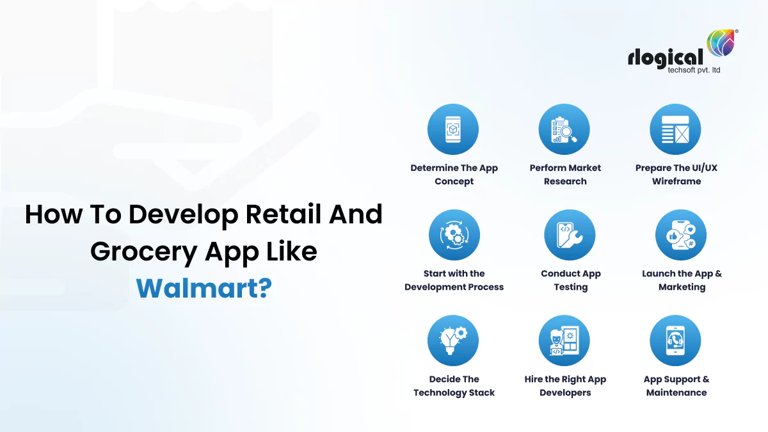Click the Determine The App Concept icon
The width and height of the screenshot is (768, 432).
[x=453, y=129]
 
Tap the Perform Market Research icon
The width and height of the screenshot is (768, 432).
[x=564, y=129]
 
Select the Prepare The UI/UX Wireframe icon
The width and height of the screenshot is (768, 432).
[x=676, y=129]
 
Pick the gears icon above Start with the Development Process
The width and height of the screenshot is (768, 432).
[x=454, y=235]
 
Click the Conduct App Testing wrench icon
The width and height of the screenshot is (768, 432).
[x=570, y=235]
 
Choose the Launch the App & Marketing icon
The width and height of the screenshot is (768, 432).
[x=681, y=235]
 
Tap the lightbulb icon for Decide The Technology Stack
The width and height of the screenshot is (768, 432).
[x=453, y=340]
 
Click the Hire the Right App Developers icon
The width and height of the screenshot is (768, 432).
[x=564, y=340]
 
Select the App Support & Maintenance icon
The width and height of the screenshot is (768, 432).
[x=676, y=340]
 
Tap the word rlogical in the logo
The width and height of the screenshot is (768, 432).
[x=665, y=58]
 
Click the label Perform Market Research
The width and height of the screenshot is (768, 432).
[x=565, y=175]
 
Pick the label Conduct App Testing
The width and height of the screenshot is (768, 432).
[x=570, y=280]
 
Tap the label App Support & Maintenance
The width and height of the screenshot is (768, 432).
[x=676, y=386]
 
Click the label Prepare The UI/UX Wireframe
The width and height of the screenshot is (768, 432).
[x=676, y=175]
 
